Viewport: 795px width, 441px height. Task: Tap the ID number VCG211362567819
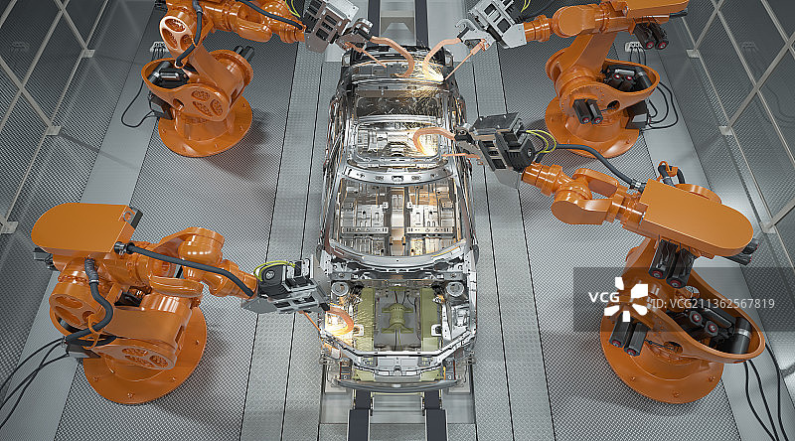[713, 304]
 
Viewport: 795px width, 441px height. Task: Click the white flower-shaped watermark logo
[625, 299]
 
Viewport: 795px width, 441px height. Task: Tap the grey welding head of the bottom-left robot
[287, 289]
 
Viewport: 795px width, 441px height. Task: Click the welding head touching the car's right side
[497, 143]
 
